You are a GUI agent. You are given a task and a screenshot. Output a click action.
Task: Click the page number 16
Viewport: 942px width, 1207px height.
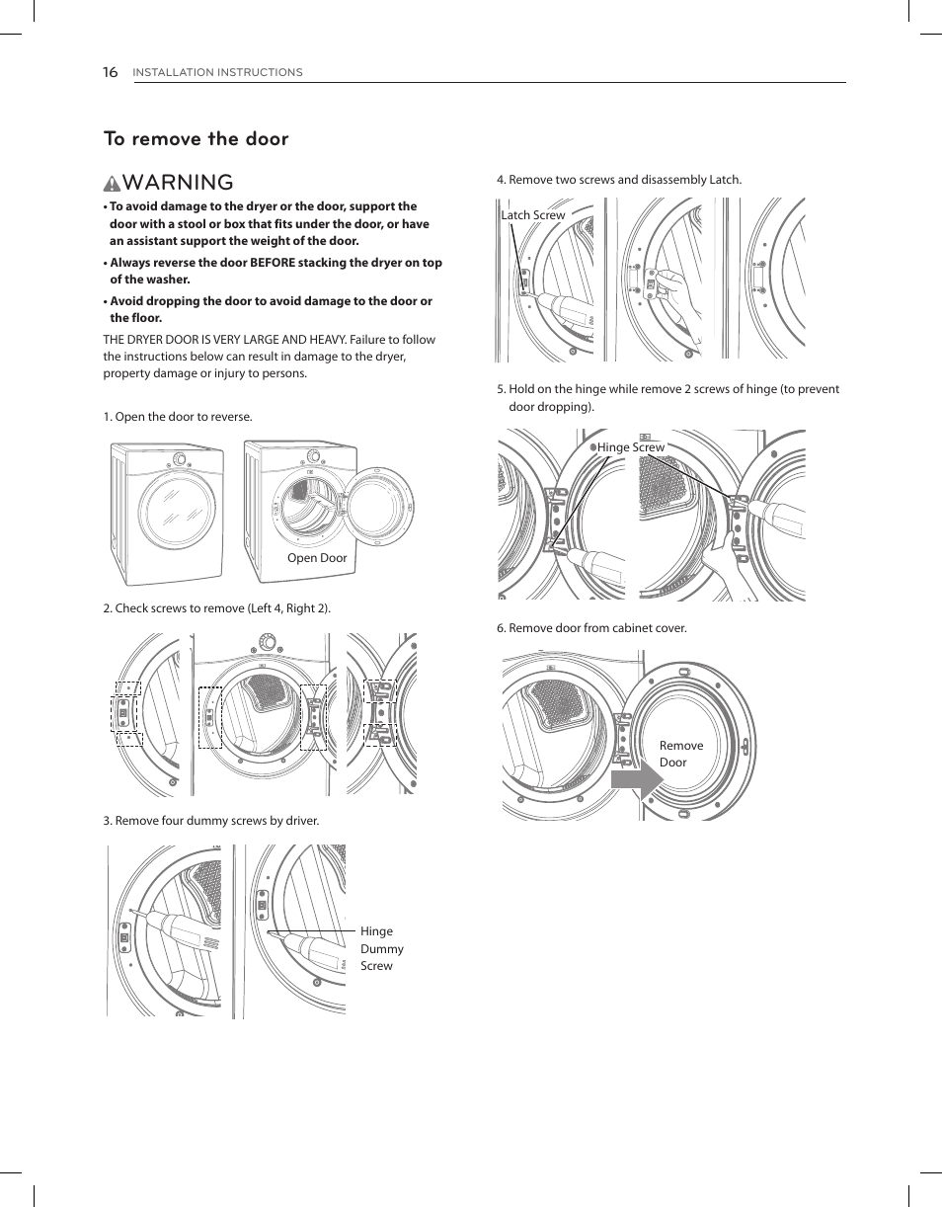(110, 72)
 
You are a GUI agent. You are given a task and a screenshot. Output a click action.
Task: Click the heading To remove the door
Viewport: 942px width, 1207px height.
(196, 139)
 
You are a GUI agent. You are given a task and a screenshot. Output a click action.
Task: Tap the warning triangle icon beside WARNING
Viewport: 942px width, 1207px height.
(113, 184)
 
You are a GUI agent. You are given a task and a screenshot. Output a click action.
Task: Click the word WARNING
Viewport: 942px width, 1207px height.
(179, 183)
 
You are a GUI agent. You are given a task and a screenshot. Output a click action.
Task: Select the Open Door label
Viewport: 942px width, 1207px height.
(317, 558)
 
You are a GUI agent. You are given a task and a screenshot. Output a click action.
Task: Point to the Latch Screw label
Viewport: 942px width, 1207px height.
(533, 215)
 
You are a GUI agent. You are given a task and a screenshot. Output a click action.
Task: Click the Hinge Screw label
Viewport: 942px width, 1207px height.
(631, 447)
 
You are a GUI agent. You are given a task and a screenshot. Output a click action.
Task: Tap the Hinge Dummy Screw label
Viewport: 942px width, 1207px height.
(381, 948)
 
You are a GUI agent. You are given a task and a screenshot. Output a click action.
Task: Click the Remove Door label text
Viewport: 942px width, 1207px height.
(680, 754)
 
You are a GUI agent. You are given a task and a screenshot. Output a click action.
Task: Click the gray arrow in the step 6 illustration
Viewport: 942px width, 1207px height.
(637, 782)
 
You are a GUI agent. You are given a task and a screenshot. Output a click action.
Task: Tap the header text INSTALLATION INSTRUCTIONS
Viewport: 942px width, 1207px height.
(217, 73)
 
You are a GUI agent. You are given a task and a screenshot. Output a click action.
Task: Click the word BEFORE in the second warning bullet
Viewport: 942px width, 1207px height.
(272, 263)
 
